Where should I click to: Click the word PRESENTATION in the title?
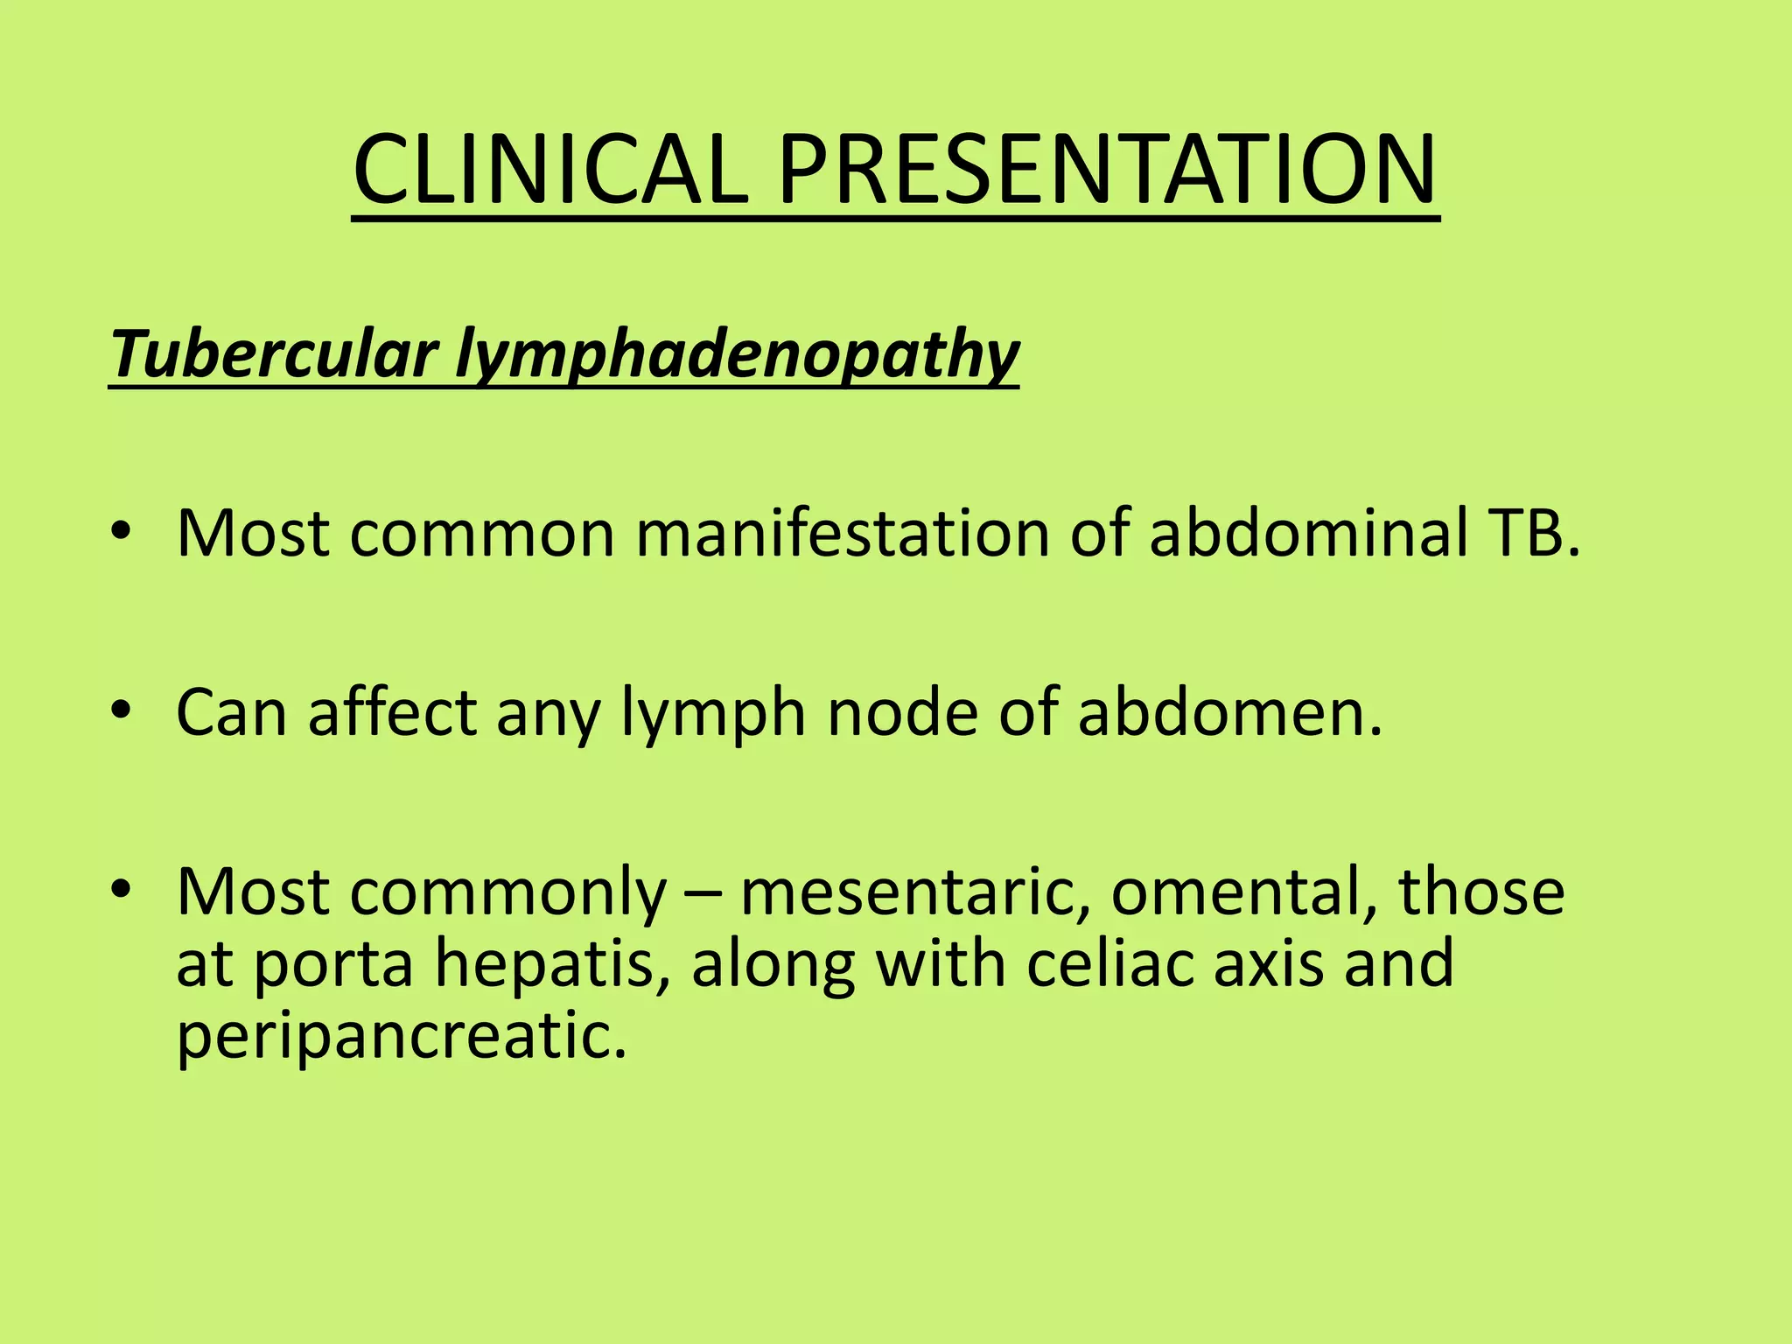coord(1107,170)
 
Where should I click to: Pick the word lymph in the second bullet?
coord(713,714)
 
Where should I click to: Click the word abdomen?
coord(1228,712)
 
